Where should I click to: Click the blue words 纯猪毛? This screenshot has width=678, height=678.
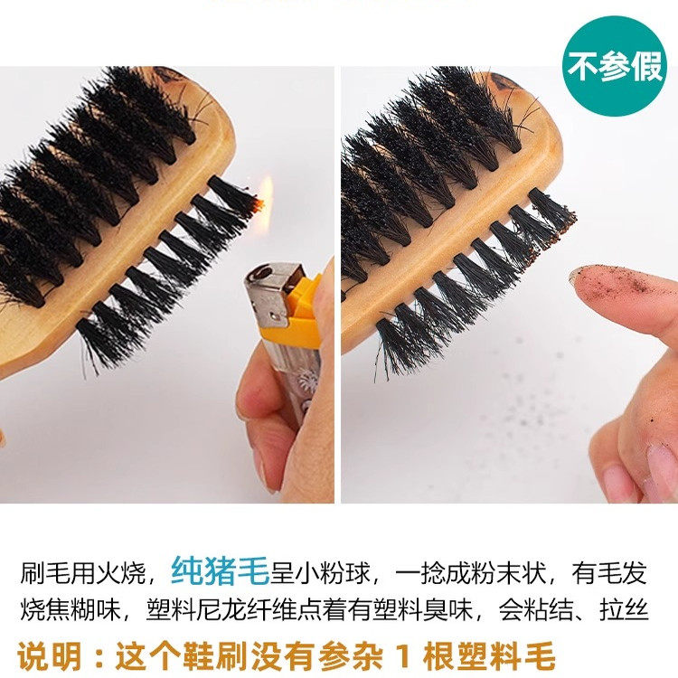click(220, 571)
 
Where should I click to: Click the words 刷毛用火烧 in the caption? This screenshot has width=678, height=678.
click(89, 572)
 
